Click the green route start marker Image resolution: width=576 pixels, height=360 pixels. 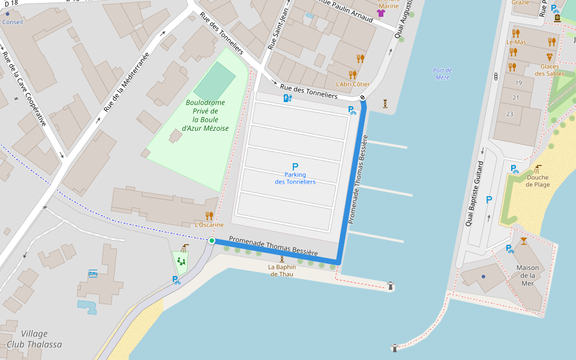point(211,241)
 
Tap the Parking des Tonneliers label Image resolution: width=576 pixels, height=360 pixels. point(295,178)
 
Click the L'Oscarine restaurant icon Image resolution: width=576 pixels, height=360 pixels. point(209,215)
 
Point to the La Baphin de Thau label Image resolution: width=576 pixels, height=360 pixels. point(281,271)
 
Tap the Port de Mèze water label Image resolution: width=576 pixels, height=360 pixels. point(442,74)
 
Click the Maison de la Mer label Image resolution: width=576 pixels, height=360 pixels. point(527,275)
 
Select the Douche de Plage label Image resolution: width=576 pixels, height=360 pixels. point(538,181)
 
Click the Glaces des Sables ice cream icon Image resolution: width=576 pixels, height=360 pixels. point(550,57)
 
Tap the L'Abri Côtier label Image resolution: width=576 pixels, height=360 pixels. point(352,84)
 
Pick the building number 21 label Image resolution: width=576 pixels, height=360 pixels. point(516,97)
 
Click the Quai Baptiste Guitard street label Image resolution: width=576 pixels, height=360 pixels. point(473,193)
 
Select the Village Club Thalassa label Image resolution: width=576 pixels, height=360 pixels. point(34,339)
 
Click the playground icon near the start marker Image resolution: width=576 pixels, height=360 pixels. point(181,261)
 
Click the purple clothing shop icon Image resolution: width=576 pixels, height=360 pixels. point(380,13)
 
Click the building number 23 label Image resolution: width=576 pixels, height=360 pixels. point(510,113)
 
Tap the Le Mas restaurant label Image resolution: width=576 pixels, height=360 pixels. point(516,42)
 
